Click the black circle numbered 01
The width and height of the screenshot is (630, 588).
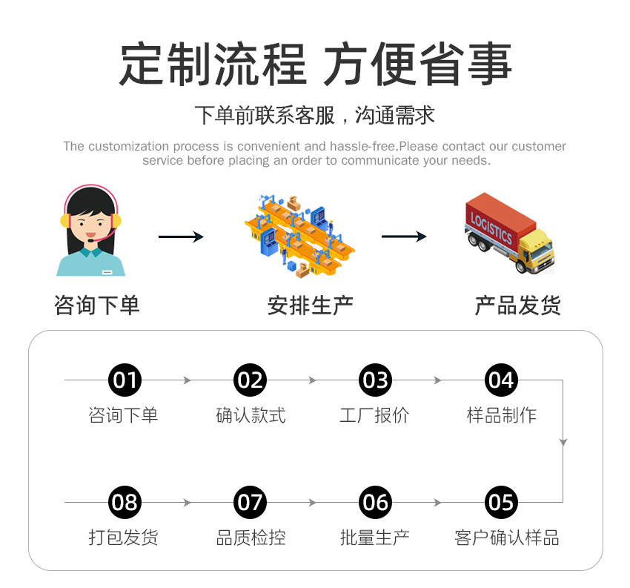click(125, 380)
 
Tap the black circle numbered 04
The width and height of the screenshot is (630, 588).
click(501, 380)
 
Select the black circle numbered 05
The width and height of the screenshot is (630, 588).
click(501, 502)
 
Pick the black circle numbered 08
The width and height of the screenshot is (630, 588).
click(125, 502)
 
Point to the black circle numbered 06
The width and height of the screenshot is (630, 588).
click(375, 502)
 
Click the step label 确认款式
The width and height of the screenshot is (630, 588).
click(251, 415)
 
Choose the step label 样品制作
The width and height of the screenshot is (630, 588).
click(502, 415)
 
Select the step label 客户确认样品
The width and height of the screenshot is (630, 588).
click(507, 538)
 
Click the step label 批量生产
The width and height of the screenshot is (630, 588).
click(375, 538)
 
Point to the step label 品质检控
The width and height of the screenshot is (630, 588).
click(251, 538)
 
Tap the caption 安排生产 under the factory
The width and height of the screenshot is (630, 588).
click(311, 305)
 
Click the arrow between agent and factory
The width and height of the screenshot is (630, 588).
click(181, 237)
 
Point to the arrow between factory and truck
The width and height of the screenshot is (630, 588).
click(404, 237)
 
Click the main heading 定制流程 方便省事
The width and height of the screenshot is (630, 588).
click(315, 65)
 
